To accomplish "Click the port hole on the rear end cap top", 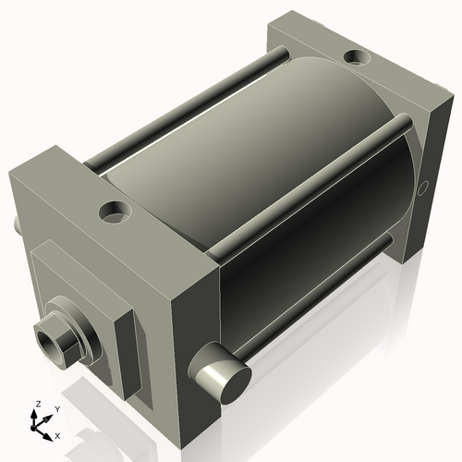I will [x=356, y=58].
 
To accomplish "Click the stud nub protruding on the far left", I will [x=16, y=225].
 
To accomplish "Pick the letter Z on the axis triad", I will [x=37, y=404].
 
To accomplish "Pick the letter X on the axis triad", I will [x=58, y=433].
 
